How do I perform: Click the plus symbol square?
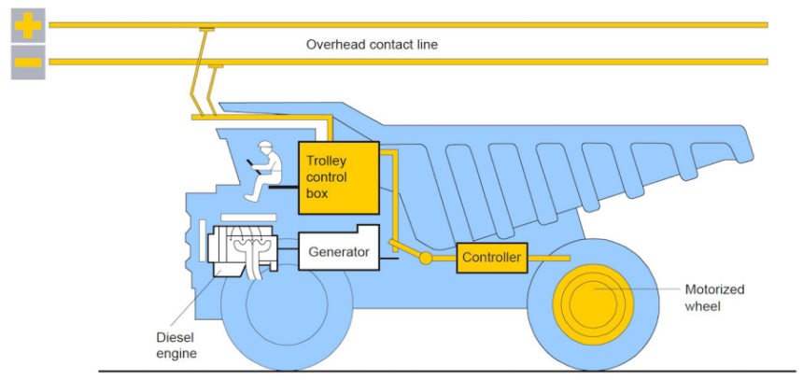[28, 24]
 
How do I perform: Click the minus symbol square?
[28, 62]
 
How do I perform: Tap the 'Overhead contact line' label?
[372, 44]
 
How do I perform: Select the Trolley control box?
[338, 178]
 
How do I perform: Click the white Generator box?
[338, 251]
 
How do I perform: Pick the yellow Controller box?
[492, 257]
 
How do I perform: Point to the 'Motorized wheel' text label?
[714, 297]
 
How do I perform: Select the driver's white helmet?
[266, 147]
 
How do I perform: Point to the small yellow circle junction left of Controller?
[425, 258]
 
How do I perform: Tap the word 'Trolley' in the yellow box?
[326, 161]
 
